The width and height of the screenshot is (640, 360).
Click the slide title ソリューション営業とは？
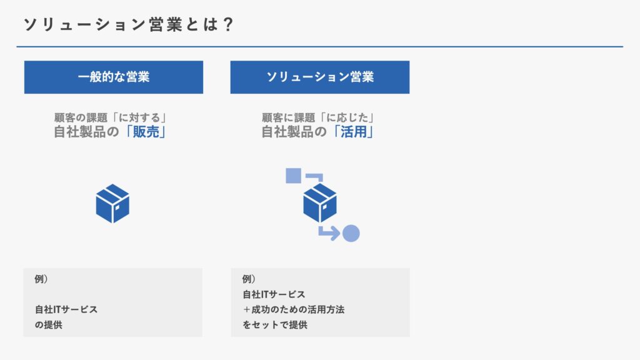[x=128, y=24]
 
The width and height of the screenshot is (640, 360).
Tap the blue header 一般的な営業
[x=114, y=77]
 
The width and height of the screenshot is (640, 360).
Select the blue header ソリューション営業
[x=320, y=77]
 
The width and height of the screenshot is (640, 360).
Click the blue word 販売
[x=146, y=132]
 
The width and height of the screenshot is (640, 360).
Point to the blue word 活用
[x=354, y=132]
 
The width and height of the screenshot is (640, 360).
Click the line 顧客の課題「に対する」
[x=111, y=117]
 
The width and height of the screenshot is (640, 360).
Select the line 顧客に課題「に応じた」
[x=318, y=117]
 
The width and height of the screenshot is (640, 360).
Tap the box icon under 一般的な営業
[x=112, y=203]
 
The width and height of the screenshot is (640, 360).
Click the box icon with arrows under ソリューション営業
[x=322, y=205]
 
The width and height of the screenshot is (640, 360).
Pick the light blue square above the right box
[x=294, y=176]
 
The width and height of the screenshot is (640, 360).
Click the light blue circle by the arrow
[x=351, y=234]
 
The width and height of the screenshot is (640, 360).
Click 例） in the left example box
[x=41, y=279]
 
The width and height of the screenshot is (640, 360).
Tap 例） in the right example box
[x=249, y=279]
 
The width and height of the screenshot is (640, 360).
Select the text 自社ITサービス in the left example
[x=66, y=309]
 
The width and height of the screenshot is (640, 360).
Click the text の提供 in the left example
[x=49, y=325]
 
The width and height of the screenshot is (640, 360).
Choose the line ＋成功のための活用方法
[x=294, y=309]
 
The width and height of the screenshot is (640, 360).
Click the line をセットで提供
[x=275, y=325]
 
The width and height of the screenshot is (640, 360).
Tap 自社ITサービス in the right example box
[x=274, y=294]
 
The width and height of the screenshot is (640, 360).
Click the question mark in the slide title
[x=228, y=24]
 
